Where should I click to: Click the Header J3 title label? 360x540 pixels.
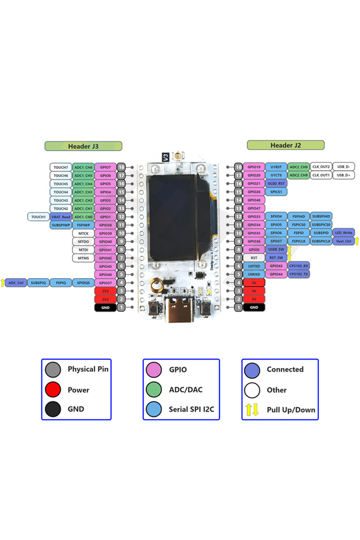83,146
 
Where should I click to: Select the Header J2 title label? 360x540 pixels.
285,145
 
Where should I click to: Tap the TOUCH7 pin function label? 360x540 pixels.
61,167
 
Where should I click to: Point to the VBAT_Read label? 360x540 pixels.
60,217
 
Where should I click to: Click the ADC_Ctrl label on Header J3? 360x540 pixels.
16,283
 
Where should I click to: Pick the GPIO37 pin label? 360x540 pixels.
105,283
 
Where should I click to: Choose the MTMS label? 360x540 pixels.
84,258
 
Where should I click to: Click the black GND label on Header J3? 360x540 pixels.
105,307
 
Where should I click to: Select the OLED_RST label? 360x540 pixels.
276,183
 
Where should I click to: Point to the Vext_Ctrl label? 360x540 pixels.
344,241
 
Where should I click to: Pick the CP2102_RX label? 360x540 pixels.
298,265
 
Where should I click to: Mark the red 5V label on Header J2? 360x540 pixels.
254,299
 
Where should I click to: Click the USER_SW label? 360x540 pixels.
276,249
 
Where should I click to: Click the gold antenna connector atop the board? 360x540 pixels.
178,156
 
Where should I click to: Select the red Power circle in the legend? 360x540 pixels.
53,390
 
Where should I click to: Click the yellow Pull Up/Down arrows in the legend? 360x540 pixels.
252,410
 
